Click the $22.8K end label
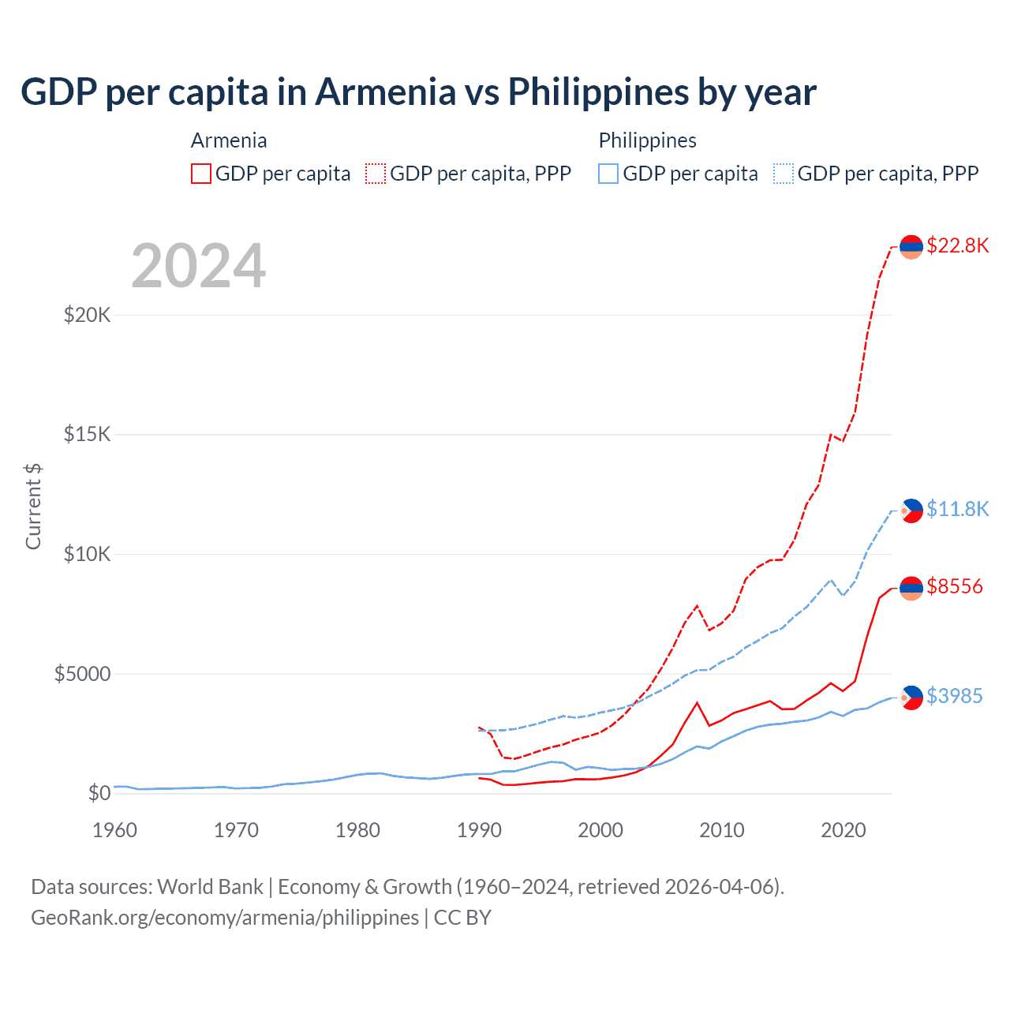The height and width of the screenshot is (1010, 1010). pyautogui.click(x=957, y=245)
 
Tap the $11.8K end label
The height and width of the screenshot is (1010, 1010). pyautogui.click(x=957, y=509)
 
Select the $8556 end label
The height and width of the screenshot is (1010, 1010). pyautogui.click(x=955, y=586)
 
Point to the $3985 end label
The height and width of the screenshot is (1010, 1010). pyautogui.click(x=954, y=696)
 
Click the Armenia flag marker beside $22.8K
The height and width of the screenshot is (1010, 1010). pyautogui.click(x=911, y=247)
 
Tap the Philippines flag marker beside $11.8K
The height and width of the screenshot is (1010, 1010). pyautogui.click(x=911, y=511)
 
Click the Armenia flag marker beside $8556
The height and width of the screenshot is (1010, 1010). pyautogui.click(x=911, y=588)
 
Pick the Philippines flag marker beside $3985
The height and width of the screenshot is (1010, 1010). pyautogui.click(x=911, y=698)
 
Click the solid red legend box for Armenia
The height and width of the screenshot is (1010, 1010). pyautogui.click(x=201, y=174)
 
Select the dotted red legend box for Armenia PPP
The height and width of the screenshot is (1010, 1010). pyautogui.click(x=376, y=174)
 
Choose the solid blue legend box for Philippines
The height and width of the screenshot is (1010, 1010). pyautogui.click(x=608, y=174)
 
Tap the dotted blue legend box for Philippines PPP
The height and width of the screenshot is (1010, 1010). pyautogui.click(x=784, y=174)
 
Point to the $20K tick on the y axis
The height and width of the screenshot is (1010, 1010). pyautogui.click(x=88, y=316)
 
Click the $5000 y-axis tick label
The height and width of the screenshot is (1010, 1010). pyautogui.click(x=82, y=674)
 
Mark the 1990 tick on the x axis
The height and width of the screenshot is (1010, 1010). pyautogui.click(x=479, y=830)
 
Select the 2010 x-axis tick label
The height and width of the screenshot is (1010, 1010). pyautogui.click(x=722, y=830)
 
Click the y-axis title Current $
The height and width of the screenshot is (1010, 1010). pyautogui.click(x=33, y=507)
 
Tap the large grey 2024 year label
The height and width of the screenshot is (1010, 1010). pyautogui.click(x=198, y=266)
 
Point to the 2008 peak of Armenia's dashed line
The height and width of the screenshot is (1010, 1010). pyautogui.click(x=697, y=605)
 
